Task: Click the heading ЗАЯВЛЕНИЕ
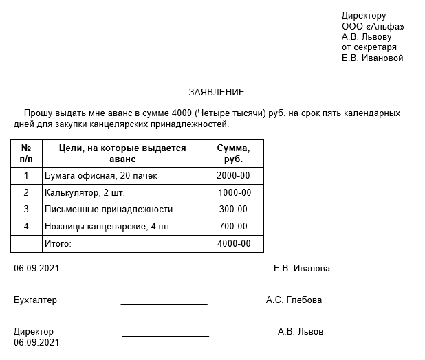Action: pos(217,92)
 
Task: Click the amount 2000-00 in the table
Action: pos(234,176)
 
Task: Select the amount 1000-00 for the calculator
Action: pos(234,193)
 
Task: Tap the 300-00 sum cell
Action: pos(234,210)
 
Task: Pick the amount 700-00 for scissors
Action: pos(234,226)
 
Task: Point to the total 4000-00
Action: pos(234,243)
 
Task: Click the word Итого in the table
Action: pos(58,243)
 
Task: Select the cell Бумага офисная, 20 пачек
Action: pos(100,176)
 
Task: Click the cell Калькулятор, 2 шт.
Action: pos(80,193)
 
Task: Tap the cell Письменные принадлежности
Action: pos(108,210)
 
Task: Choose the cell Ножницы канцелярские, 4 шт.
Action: pos(108,226)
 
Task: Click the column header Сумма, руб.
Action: pos(234,153)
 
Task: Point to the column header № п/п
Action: pos(26,153)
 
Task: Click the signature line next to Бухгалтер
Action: pos(164,303)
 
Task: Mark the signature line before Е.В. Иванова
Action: pos(171,272)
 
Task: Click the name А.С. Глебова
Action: pos(294,300)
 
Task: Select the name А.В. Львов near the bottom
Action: pos(300,332)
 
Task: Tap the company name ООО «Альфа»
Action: pos(373,27)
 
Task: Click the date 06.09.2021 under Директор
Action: pos(36,342)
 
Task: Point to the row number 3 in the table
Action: pos(26,210)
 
